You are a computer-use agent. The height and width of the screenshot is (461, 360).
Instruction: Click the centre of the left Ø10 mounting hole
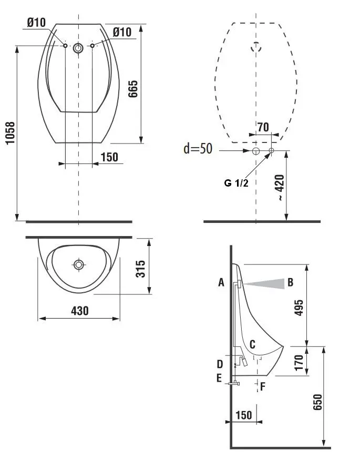click(65, 46)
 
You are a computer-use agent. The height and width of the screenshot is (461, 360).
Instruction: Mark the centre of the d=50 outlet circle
click(256, 151)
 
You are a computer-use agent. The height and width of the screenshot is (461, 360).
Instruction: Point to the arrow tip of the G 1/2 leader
click(270, 153)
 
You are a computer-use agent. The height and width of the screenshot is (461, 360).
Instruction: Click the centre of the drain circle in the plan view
click(78, 264)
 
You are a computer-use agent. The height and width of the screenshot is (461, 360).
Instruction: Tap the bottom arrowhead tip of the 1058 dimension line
click(17, 220)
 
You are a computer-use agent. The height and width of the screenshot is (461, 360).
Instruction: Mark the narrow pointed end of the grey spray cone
click(243, 284)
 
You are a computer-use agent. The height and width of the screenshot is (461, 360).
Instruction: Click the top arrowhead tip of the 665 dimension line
click(141, 25)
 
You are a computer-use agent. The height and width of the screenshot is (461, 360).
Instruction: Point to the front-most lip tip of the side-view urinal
click(283, 346)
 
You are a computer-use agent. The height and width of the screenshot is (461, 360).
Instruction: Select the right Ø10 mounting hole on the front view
click(92, 46)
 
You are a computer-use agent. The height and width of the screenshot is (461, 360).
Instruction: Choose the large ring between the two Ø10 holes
click(78, 48)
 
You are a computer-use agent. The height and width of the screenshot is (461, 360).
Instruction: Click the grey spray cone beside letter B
click(264, 284)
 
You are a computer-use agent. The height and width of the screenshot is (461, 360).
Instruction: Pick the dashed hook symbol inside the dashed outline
click(256, 47)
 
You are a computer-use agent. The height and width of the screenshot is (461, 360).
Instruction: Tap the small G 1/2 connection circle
click(271, 150)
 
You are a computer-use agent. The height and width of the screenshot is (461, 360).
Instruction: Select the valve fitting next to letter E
click(234, 383)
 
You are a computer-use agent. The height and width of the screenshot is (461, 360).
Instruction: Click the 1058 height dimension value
click(11, 133)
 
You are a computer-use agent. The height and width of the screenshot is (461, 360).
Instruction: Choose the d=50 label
click(198, 148)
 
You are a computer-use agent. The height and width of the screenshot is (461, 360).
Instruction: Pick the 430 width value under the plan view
click(80, 311)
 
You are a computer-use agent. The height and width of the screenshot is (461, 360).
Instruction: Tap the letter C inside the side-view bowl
click(252, 344)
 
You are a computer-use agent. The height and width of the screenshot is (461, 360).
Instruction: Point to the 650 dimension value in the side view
click(317, 402)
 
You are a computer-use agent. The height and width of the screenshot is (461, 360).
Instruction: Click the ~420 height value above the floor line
click(280, 187)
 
